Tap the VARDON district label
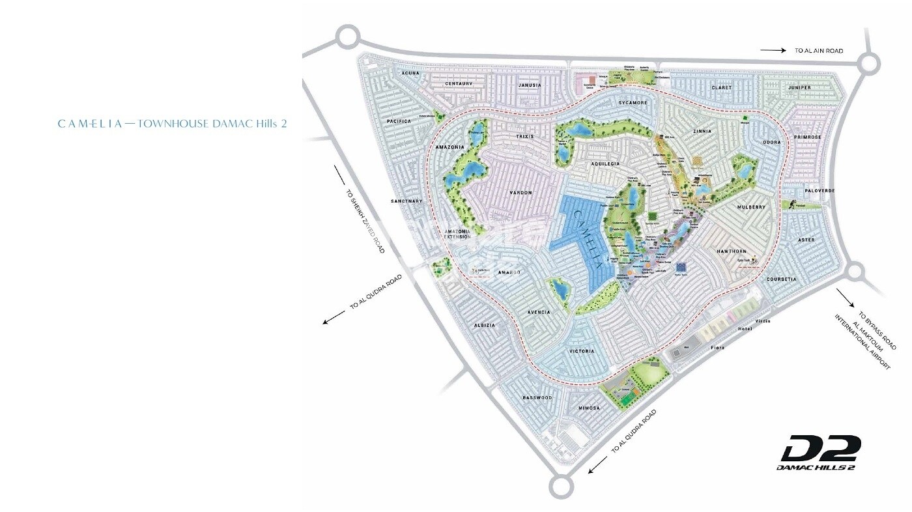tap(521, 193)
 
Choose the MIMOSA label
tap(589, 408)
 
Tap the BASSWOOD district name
tap(537, 397)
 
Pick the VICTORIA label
tap(582, 351)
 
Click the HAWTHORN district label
tap(732, 251)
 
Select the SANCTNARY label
tap(407, 201)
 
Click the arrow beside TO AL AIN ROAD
tap(773, 50)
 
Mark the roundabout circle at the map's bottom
tap(562, 485)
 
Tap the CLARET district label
tap(722, 87)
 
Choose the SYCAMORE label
tap(633, 103)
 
